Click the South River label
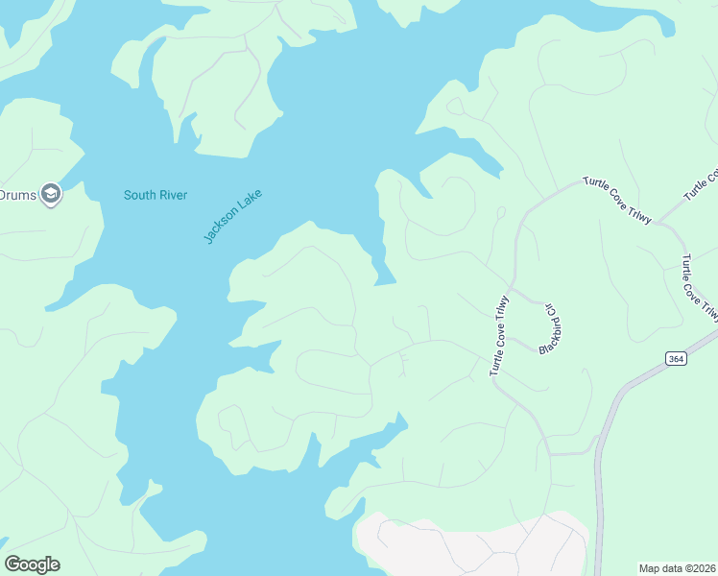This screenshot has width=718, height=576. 155,196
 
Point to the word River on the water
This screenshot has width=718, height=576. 172,196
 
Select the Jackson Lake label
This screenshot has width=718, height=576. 232,216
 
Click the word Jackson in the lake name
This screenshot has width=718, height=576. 223,225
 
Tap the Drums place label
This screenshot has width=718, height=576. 16,196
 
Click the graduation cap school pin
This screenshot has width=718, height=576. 51,195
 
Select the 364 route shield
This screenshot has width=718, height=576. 677,358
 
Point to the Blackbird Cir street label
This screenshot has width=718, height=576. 550,328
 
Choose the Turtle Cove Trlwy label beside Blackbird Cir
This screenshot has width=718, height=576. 501,336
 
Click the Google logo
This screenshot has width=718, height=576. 32,564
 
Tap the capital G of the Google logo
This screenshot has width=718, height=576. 12,564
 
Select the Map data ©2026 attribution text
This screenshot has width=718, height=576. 677,568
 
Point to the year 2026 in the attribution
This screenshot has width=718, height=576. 701,568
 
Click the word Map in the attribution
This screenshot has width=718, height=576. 650,568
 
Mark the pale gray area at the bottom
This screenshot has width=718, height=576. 470,547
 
